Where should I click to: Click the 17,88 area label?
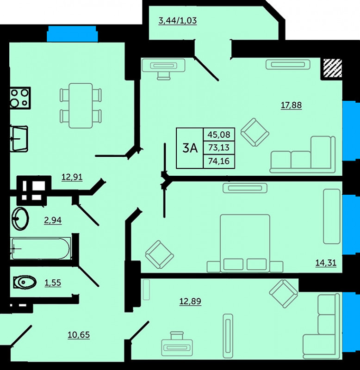(x=291, y=105)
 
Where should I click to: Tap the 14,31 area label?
(x=326, y=262)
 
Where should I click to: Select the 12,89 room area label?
(x=190, y=302)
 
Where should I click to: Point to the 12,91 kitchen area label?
(x=72, y=177)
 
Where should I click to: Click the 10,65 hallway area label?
(x=79, y=334)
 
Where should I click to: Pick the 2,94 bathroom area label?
(x=53, y=220)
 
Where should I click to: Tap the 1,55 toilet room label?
(x=53, y=283)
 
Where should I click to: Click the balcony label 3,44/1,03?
(x=178, y=21)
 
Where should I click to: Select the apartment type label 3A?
(x=190, y=148)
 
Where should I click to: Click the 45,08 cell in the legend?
(x=219, y=135)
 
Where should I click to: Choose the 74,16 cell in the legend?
(x=219, y=161)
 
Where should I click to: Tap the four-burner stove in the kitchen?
(x=20, y=98)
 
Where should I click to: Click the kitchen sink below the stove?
(x=19, y=138)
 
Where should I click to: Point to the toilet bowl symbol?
(x=25, y=282)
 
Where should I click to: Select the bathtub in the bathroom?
(x=40, y=248)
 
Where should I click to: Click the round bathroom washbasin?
(x=21, y=218)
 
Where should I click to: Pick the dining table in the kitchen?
(x=81, y=105)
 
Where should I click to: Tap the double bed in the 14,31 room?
(x=245, y=243)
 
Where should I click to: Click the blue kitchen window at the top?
(x=72, y=34)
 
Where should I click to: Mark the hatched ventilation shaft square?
(x=333, y=68)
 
